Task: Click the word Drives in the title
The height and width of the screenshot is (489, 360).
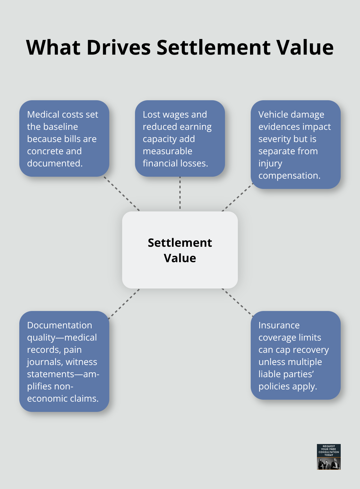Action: click(118, 48)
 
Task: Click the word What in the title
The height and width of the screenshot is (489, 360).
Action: click(53, 48)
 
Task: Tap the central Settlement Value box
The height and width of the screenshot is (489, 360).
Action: click(180, 250)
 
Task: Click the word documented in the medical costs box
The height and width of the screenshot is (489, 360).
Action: click(55, 163)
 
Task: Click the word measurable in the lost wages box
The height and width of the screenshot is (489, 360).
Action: click(167, 151)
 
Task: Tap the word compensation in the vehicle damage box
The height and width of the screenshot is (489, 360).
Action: click(289, 175)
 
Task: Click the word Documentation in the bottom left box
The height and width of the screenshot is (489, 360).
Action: click(59, 325)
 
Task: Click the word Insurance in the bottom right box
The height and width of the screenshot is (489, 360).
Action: click(279, 325)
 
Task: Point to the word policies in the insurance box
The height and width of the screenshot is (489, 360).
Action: click(274, 386)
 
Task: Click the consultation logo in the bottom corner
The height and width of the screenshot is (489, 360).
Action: click(328, 457)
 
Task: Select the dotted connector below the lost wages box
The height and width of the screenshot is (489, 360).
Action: click(180, 193)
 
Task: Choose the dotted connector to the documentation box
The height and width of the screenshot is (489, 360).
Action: click(124, 304)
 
